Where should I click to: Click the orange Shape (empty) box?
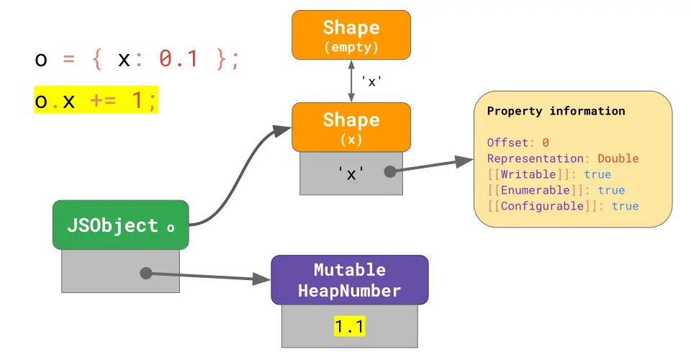coord(351,35)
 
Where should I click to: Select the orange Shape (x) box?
coord(351,127)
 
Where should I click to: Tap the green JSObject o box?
coord(120,225)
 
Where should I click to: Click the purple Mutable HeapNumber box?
coord(349,280)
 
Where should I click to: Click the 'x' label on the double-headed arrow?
coord(371,81)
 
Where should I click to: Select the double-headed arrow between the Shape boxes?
coord(351,81)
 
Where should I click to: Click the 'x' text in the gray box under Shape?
coord(351,173)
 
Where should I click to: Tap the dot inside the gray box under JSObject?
coord(145,273)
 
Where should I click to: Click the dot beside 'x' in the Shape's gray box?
coord(390,172)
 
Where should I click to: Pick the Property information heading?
coord(556,112)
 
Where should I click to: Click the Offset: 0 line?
coord(518,143)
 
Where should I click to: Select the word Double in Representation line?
coord(618,158)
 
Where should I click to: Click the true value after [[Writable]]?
coord(597,174)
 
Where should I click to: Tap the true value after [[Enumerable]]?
coord(611,190)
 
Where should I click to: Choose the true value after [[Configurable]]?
coord(625,206)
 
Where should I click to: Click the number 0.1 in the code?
coord(178,59)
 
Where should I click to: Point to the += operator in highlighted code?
coord(104,102)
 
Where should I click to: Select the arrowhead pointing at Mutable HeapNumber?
coord(263,279)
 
